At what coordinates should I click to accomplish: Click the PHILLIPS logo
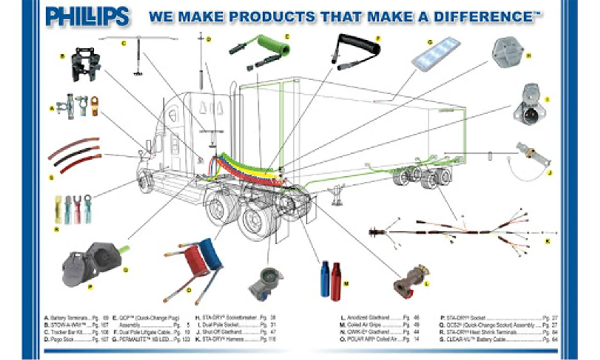point(87,17)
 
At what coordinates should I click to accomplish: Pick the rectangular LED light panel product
point(436,52)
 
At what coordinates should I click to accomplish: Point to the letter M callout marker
point(346,284)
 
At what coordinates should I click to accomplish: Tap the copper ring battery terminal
point(94,106)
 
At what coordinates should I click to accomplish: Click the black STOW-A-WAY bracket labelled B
point(84,64)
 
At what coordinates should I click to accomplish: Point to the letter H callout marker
point(528,56)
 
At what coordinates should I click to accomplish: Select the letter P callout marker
point(90,287)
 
